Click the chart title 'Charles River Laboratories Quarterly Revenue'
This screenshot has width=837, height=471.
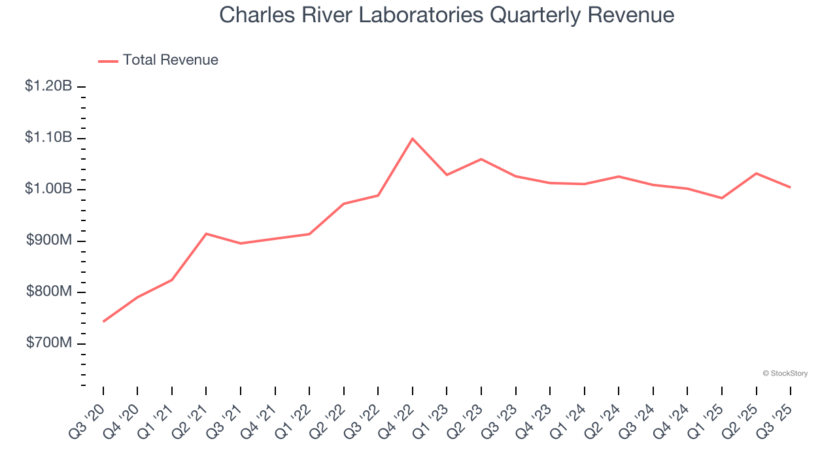point(447,14)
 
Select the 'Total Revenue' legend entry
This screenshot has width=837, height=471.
point(170,60)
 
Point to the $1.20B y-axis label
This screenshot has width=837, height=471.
point(48,86)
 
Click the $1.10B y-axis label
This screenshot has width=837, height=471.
point(48,138)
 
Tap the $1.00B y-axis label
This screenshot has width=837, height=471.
point(48,189)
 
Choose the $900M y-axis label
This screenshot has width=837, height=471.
point(49,241)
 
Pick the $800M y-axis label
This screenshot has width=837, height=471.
point(49,292)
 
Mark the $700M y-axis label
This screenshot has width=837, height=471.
point(49,343)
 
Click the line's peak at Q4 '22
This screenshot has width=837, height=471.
point(413,139)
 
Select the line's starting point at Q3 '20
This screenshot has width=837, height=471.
point(103,321)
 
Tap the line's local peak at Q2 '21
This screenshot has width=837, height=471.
point(206,234)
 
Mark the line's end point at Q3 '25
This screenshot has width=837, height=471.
point(791,187)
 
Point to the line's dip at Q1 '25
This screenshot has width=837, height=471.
point(722,198)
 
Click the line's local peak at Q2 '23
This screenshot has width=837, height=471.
point(481,159)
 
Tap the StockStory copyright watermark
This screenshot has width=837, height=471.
point(785,374)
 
